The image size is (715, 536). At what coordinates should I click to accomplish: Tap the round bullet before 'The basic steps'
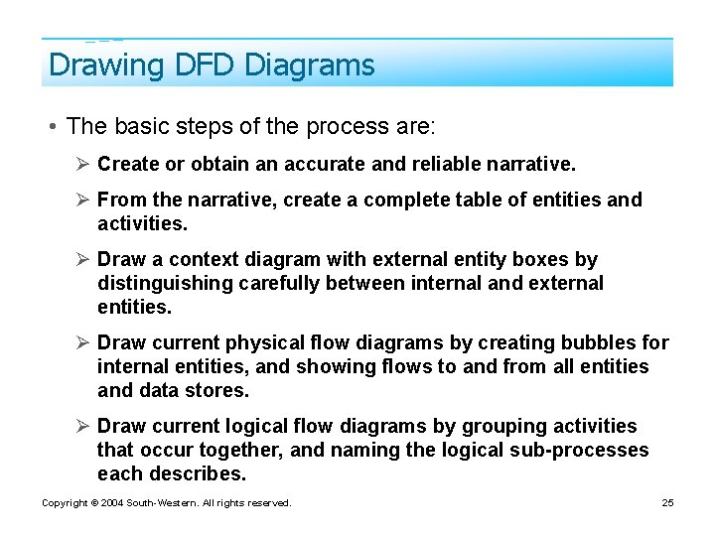pos(50,127)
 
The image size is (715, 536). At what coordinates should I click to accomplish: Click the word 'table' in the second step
pos(481,200)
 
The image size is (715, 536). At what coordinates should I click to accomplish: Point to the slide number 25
pos(667,503)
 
